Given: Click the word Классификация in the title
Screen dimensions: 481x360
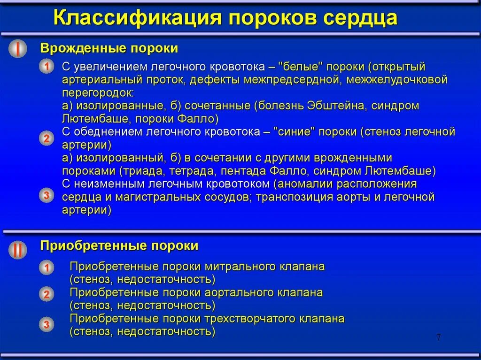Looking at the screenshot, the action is [x=137, y=17].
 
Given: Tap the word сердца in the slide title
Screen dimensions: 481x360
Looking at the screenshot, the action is [x=360, y=18].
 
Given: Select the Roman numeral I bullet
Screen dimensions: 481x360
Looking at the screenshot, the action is [x=18, y=49].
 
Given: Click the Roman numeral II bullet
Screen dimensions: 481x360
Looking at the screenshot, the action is [x=18, y=250].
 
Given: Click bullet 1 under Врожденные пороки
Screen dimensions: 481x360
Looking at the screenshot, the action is [x=47, y=66].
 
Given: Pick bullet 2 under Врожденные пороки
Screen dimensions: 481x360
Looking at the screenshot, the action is [x=47, y=138].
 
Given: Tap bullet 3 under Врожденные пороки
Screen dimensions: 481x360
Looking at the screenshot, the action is [x=47, y=195].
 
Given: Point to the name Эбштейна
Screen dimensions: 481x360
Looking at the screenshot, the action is [x=336, y=106].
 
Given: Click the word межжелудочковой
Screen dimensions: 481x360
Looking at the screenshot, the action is [x=397, y=80].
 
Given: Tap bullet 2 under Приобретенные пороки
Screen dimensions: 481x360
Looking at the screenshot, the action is [x=47, y=294].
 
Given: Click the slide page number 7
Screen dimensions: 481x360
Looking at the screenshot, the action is [x=438, y=337].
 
